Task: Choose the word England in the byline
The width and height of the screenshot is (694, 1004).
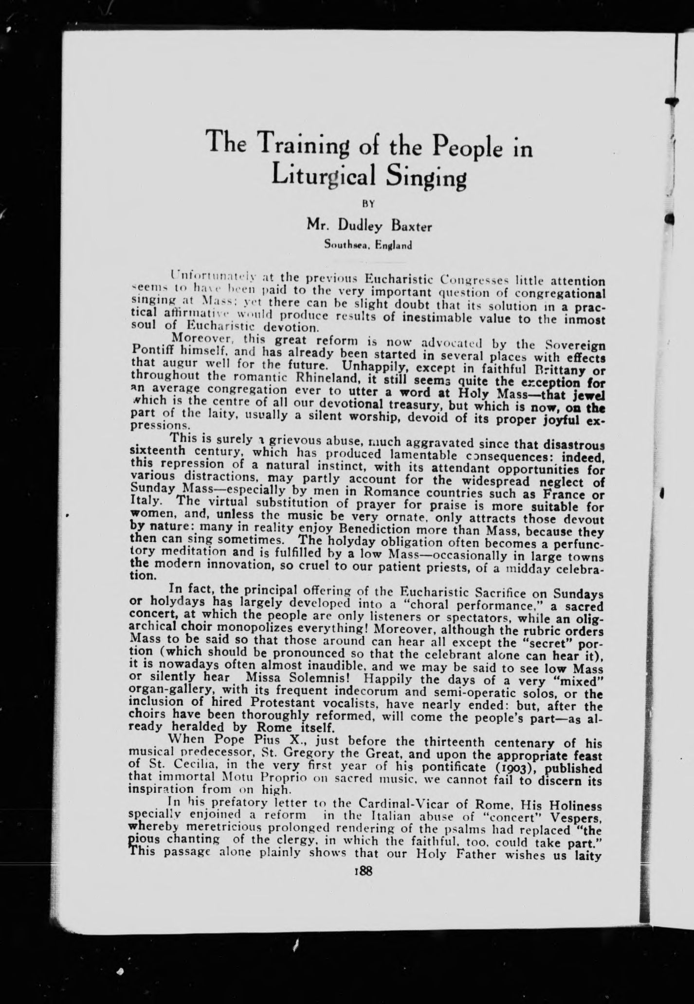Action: [393, 245]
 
